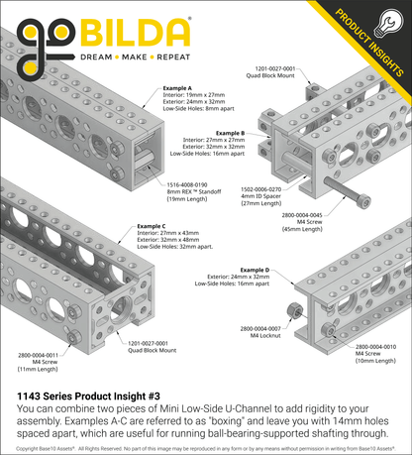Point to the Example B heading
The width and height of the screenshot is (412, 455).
click(x=229, y=132)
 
